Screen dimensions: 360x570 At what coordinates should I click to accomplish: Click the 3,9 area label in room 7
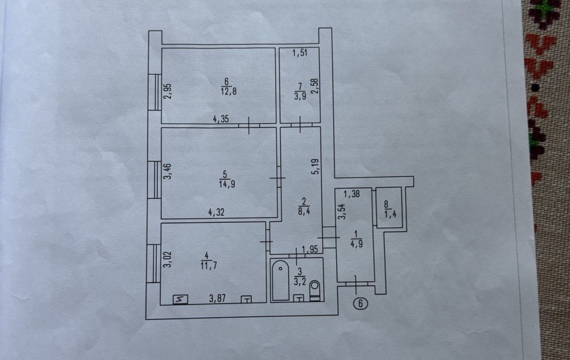[x=299, y=95]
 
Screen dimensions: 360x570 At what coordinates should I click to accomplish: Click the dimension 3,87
[x=218, y=297]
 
